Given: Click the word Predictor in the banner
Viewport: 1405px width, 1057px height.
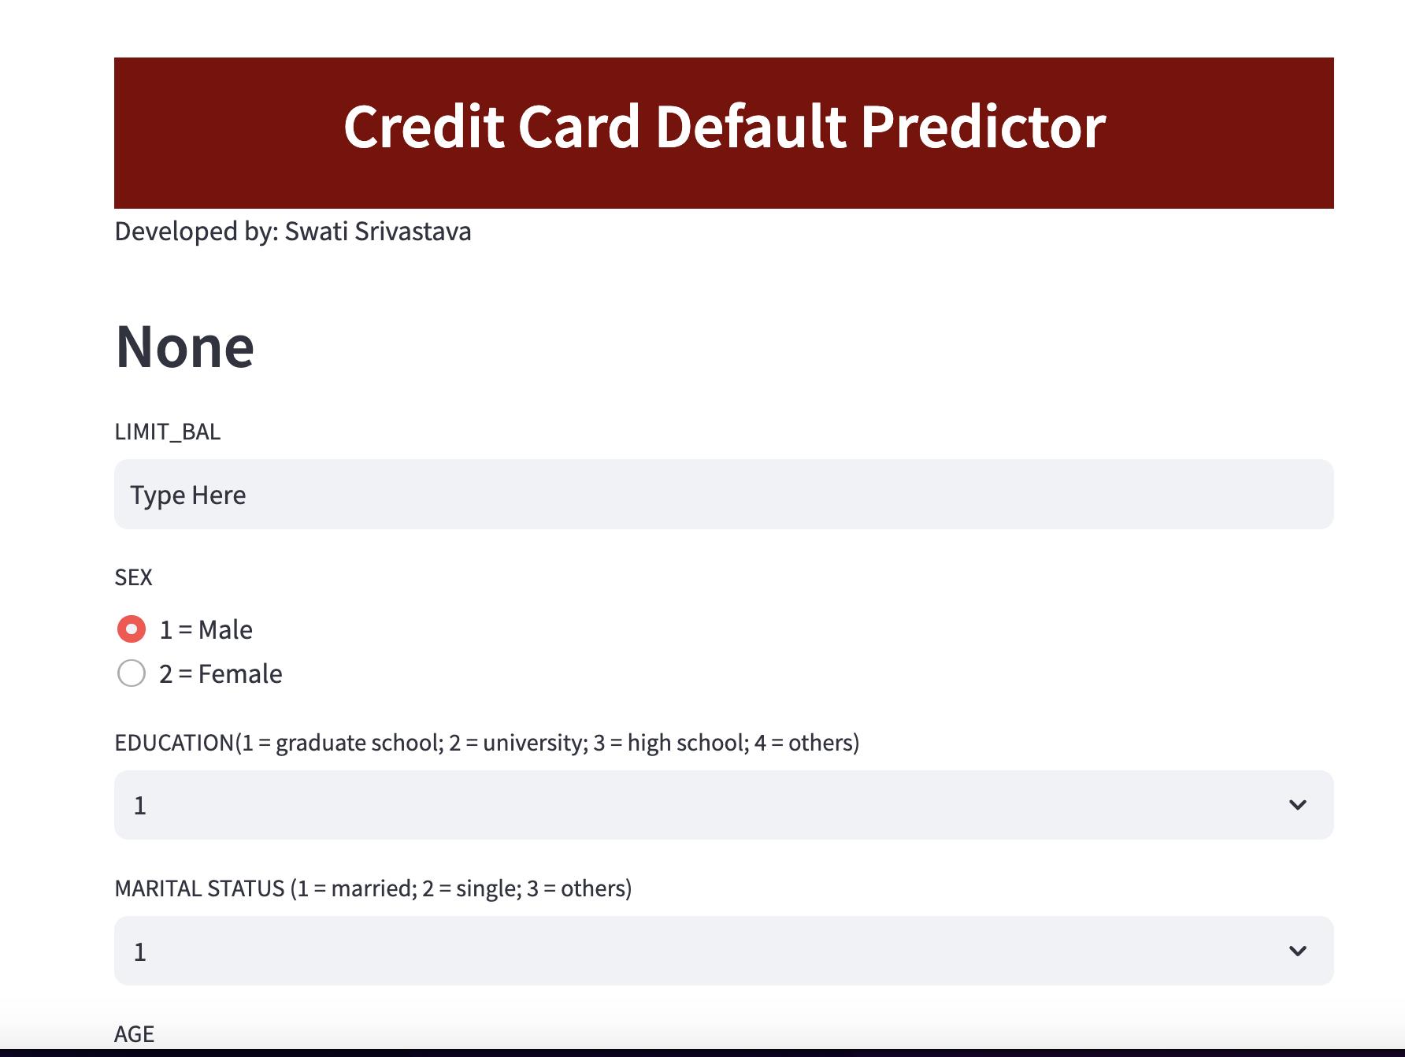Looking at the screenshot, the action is (x=984, y=127).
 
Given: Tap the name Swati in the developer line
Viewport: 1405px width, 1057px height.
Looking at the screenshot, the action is (x=317, y=232).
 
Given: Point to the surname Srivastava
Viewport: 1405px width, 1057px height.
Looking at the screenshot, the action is (x=413, y=232).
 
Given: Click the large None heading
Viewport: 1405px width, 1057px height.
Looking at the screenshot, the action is (x=185, y=347).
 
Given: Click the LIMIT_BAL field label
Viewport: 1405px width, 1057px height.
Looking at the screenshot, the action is (x=168, y=432).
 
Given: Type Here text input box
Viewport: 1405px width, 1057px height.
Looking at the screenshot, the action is (x=724, y=495).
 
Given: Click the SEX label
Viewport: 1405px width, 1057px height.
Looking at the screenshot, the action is (x=134, y=577).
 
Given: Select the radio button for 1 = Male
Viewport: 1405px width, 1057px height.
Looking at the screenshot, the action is (x=132, y=629).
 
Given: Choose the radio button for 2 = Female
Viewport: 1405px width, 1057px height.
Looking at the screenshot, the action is (x=132, y=673).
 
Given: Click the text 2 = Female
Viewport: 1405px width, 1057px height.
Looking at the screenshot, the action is (x=221, y=674).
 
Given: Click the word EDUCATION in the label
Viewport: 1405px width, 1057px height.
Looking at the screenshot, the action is (x=174, y=743).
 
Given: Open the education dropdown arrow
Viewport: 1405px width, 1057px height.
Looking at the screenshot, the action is (x=1298, y=805).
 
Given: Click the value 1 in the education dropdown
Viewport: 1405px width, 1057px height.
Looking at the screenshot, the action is (x=140, y=806).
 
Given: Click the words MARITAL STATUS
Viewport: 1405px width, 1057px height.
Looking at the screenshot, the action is (x=200, y=888).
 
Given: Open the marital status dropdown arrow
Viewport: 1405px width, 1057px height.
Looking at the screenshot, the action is (x=1298, y=951).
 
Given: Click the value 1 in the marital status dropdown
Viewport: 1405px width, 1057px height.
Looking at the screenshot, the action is (x=140, y=952).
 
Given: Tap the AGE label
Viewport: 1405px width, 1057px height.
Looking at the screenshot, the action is (x=135, y=1034).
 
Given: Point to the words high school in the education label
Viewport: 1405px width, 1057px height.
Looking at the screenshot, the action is (x=688, y=743).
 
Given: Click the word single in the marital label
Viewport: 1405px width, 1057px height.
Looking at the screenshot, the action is (x=488, y=889).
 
